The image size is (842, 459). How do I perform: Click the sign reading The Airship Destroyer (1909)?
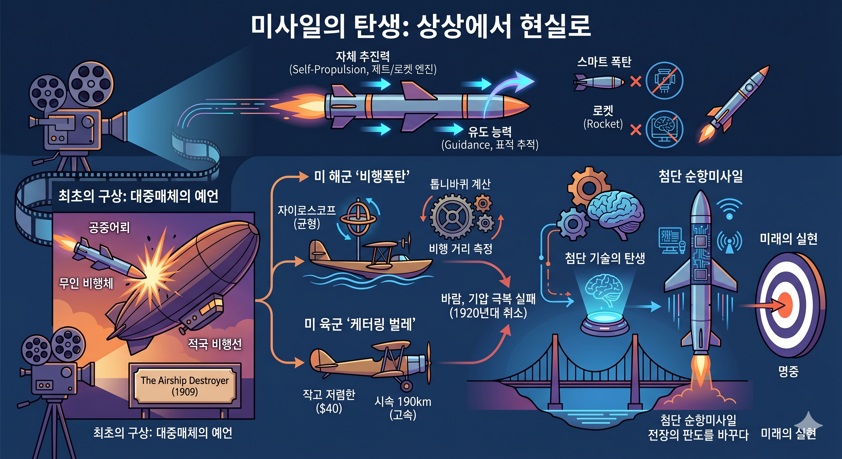coord(185,386)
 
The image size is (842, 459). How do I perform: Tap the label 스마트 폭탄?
coord(604,62)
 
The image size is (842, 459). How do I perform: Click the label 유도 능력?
coord(490,132)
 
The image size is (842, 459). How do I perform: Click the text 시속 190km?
coord(403,402)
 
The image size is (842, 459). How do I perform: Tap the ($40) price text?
coord(329,408)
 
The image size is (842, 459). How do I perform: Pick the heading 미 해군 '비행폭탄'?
coord(362,177)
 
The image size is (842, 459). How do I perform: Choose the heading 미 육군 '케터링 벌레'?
coord(360,325)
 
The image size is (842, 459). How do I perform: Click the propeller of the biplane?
coord(428,362)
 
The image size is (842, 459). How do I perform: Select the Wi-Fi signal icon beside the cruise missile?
coord(729,208)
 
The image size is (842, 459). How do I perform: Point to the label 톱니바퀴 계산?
coord(460,184)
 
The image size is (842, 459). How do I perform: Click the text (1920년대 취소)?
coord(488,313)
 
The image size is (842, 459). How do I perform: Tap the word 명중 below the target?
coord(788,371)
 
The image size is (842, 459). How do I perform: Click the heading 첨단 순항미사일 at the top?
coord(701,176)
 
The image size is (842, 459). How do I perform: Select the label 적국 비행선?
coord(215,344)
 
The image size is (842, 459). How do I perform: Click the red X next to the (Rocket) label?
coord(636,130)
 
